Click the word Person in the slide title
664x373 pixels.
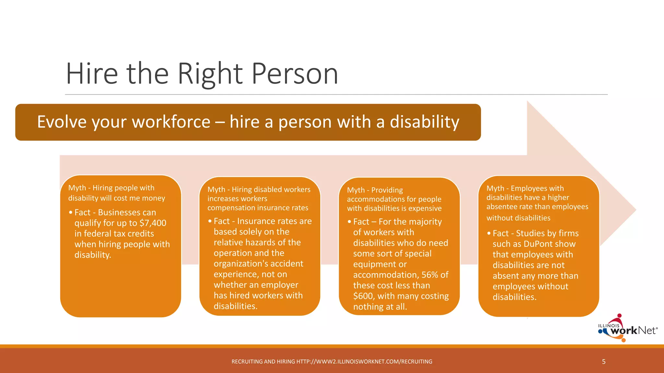pos(295,74)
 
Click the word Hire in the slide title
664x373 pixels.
pos(92,74)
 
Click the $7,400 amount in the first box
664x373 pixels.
pos(153,223)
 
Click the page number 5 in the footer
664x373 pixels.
pos(604,362)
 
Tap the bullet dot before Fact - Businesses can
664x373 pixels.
pos(71,213)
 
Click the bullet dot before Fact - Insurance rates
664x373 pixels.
pos(210,221)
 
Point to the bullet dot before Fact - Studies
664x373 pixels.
pos(489,233)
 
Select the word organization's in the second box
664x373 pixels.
pos(241,264)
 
